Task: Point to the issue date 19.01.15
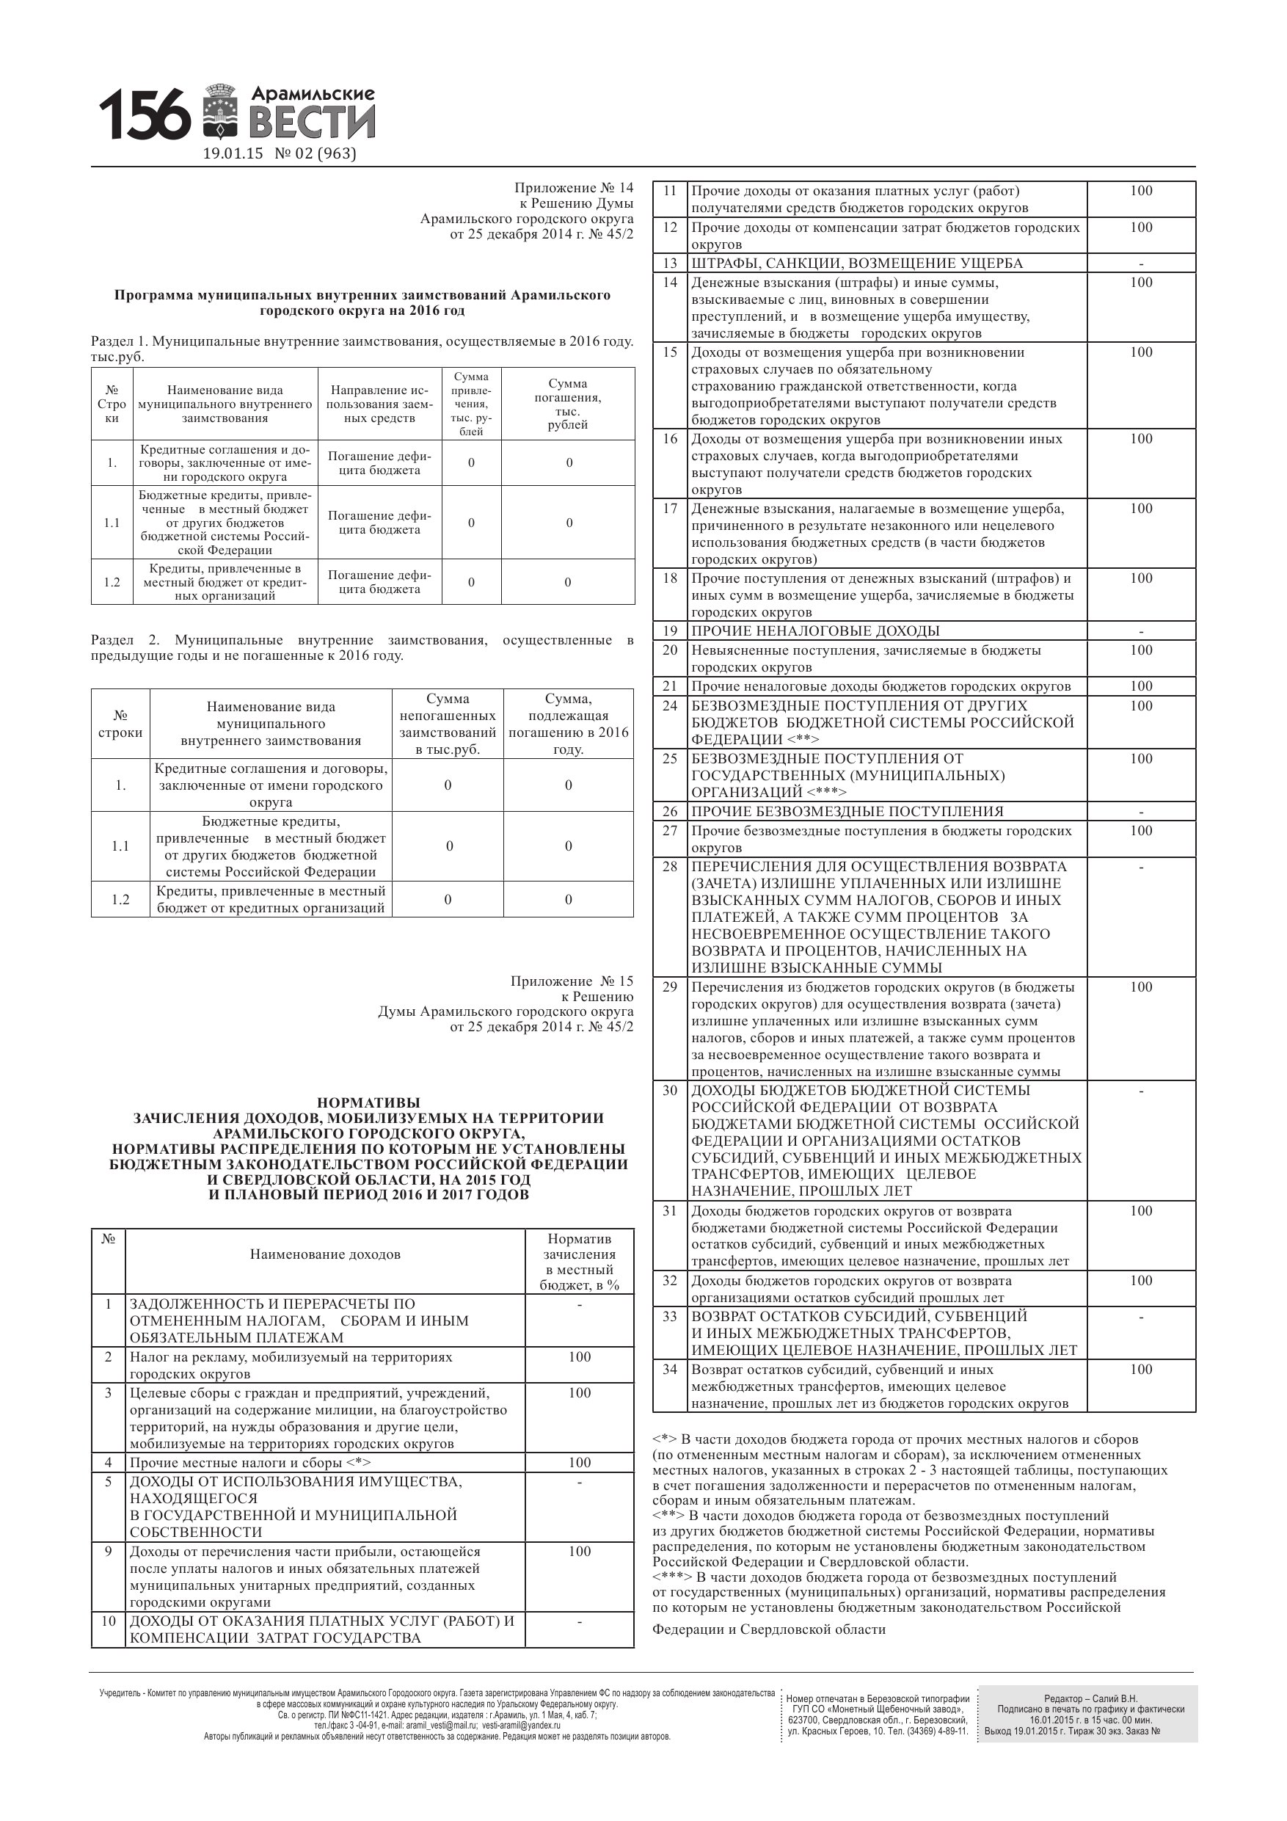[233, 154]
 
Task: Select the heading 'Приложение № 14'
[573, 188]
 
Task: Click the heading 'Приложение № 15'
[572, 981]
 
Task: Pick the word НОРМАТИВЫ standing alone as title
[368, 1102]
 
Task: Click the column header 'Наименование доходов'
[325, 1254]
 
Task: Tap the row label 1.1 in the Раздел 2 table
[120, 846]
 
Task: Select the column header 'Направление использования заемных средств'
[380, 404]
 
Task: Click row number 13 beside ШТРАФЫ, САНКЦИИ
[670, 263]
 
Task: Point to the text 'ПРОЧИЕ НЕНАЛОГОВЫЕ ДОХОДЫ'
[815, 631]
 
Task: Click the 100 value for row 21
[1141, 686]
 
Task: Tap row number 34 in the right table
[670, 1370]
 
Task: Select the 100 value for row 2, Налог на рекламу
[580, 1357]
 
